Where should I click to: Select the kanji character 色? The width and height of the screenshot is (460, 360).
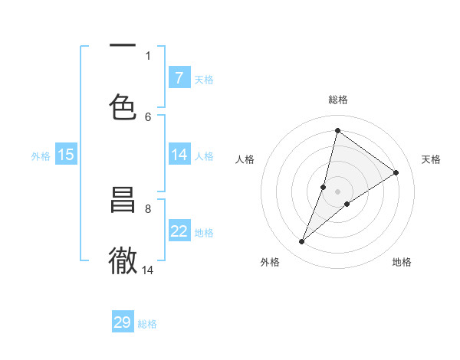pos(123,106)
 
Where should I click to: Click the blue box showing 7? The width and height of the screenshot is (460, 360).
pos(179,77)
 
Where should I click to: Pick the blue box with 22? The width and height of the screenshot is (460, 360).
pos(179,231)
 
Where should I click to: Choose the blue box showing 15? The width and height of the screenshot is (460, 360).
pos(66,155)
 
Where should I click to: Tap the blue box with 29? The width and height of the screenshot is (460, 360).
pos(123,322)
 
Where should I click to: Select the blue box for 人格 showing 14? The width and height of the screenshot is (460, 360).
pos(179,155)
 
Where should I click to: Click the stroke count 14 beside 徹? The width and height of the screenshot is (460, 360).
pos(148,270)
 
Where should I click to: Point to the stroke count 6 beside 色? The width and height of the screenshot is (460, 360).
pos(148,116)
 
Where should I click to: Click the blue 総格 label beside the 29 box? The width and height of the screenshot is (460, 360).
pos(147,324)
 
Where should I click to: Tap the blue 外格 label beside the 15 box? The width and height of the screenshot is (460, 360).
pos(41,156)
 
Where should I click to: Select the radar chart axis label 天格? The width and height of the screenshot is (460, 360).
pos(431,159)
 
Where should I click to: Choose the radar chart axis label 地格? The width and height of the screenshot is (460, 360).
pos(402,262)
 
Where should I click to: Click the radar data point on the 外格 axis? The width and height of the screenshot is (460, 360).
pos(301,242)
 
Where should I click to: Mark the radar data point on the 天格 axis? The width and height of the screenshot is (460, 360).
pos(396,172)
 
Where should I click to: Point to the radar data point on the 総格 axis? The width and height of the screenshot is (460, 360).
pos(337,130)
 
